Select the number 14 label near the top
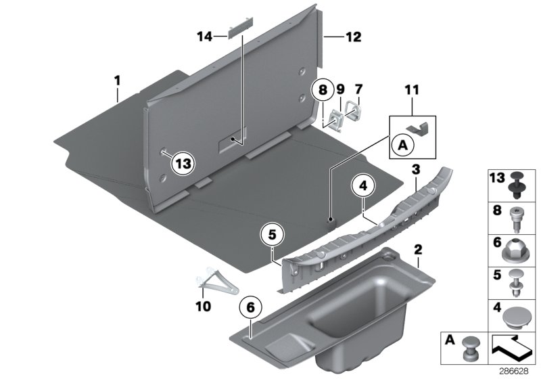[204, 37]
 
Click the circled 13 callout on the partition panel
[183, 162]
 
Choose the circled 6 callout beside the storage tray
[251, 307]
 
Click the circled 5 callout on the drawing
[272, 234]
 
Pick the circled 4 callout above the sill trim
[362, 183]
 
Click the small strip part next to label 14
[238, 28]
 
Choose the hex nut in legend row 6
[518, 249]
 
